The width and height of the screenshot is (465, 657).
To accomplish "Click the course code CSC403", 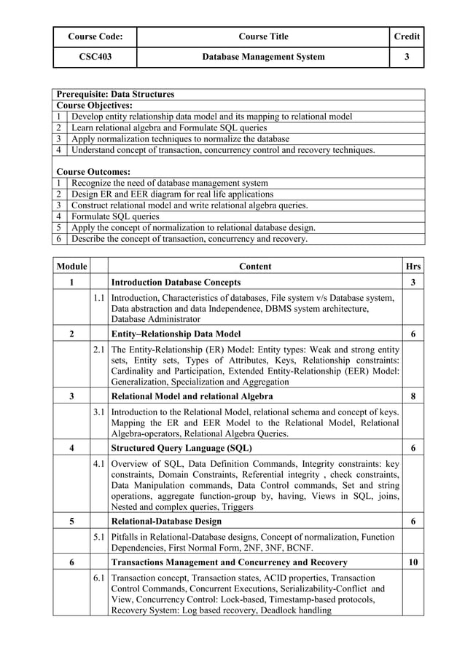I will [95, 57].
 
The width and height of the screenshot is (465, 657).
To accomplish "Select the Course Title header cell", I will [263, 36].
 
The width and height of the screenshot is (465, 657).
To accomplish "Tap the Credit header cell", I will [407, 36].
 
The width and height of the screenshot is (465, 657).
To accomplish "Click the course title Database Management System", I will [263, 57].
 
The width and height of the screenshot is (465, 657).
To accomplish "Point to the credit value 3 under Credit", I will [407, 57].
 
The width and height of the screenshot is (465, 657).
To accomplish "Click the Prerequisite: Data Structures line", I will [115, 95].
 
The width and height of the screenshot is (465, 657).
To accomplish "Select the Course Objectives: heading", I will [95, 106].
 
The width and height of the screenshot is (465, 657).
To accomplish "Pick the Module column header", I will [71, 267].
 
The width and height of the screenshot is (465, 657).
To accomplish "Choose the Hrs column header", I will [413, 267].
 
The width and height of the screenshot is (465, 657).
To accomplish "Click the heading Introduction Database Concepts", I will [176, 282].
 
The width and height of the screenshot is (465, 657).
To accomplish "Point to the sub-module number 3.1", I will [100, 412].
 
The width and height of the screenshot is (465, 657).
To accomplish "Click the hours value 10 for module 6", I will [413, 562].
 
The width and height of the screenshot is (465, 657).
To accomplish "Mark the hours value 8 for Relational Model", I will [413, 396].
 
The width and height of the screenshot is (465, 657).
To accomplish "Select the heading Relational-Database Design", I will [166, 522].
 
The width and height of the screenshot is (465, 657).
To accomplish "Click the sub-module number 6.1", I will [100, 578].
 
